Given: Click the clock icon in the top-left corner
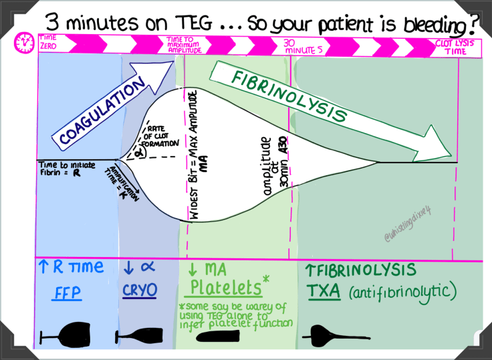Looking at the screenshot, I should pos(25,43).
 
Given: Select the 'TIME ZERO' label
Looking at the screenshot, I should pos(49,41).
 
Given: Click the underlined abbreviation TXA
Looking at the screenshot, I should pos(322,292).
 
